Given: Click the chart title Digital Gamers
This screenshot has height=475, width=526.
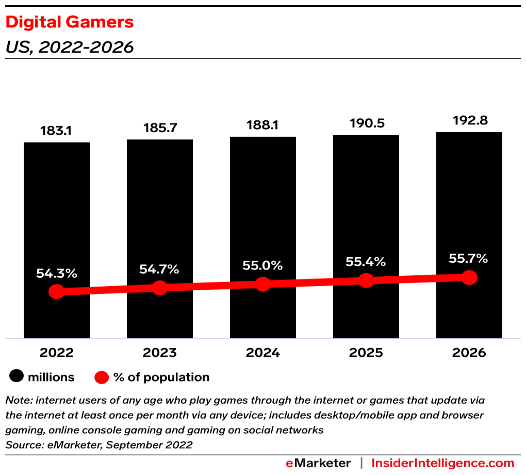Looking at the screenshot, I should [x=70, y=22].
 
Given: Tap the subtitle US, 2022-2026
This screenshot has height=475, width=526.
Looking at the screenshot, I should [x=70, y=47].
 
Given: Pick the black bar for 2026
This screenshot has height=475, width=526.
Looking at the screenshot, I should [x=469, y=207].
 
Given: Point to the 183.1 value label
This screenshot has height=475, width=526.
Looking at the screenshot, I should [x=56, y=131].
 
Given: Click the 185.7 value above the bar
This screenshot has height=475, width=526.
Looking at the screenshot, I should [x=159, y=128].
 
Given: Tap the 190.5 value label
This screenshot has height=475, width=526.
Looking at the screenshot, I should [x=366, y=123].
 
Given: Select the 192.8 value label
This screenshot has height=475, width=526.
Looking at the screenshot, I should [x=469, y=120].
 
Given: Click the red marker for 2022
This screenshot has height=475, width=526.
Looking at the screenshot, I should [x=57, y=292].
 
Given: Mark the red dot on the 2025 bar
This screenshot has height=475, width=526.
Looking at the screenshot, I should [x=366, y=280].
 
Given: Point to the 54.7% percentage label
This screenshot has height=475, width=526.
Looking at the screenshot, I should [x=159, y=269].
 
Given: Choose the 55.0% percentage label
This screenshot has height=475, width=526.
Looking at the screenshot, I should [x=262, y=265].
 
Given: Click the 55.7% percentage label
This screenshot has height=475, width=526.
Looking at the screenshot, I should [x=469, y=258].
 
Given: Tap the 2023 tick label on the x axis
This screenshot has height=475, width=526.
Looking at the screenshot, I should [x=159, y=353].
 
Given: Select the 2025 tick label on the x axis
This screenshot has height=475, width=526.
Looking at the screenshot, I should [x=366, y=353].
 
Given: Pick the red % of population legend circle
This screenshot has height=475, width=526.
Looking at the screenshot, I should [x=102, y=377].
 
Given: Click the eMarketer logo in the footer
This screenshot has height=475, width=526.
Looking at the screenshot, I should [x=318, y=463].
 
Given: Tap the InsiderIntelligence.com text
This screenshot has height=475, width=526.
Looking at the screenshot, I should [x=443, y=463].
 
